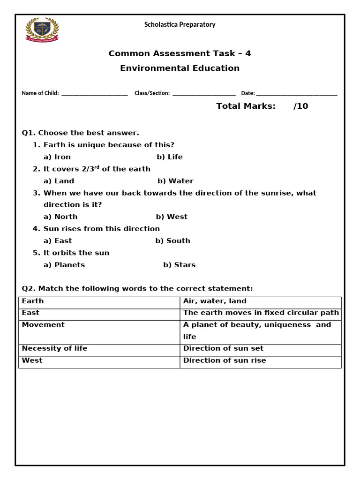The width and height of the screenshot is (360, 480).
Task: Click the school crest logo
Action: [42, 30]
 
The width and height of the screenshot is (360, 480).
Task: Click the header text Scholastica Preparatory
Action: [180, 24]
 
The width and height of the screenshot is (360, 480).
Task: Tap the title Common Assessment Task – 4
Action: [180, 53]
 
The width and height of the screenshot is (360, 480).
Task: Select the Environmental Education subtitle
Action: [180, 68]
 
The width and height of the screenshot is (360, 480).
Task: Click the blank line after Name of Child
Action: [94, 94]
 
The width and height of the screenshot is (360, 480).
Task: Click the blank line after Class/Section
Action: [204, 94]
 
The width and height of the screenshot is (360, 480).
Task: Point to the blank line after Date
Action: [297, 94]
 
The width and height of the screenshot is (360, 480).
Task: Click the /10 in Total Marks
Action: [300, 106]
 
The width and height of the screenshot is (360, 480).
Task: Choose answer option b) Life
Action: [170, 157]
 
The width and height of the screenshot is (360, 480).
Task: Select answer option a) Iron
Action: [57, 157]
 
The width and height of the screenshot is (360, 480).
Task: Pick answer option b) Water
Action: [175, 181]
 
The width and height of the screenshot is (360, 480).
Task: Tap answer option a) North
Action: [60, 217]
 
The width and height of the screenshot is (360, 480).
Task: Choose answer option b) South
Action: [172, 241]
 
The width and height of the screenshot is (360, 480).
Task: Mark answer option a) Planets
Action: [64, 265]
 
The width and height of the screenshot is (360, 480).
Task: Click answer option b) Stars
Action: [179, 265]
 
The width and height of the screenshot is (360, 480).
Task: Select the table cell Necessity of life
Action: [54, 348]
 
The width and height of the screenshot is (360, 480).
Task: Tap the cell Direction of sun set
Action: [223, 348]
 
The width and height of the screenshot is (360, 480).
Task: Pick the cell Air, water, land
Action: [215, 301]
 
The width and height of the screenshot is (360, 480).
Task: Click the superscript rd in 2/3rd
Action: [97, 167]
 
